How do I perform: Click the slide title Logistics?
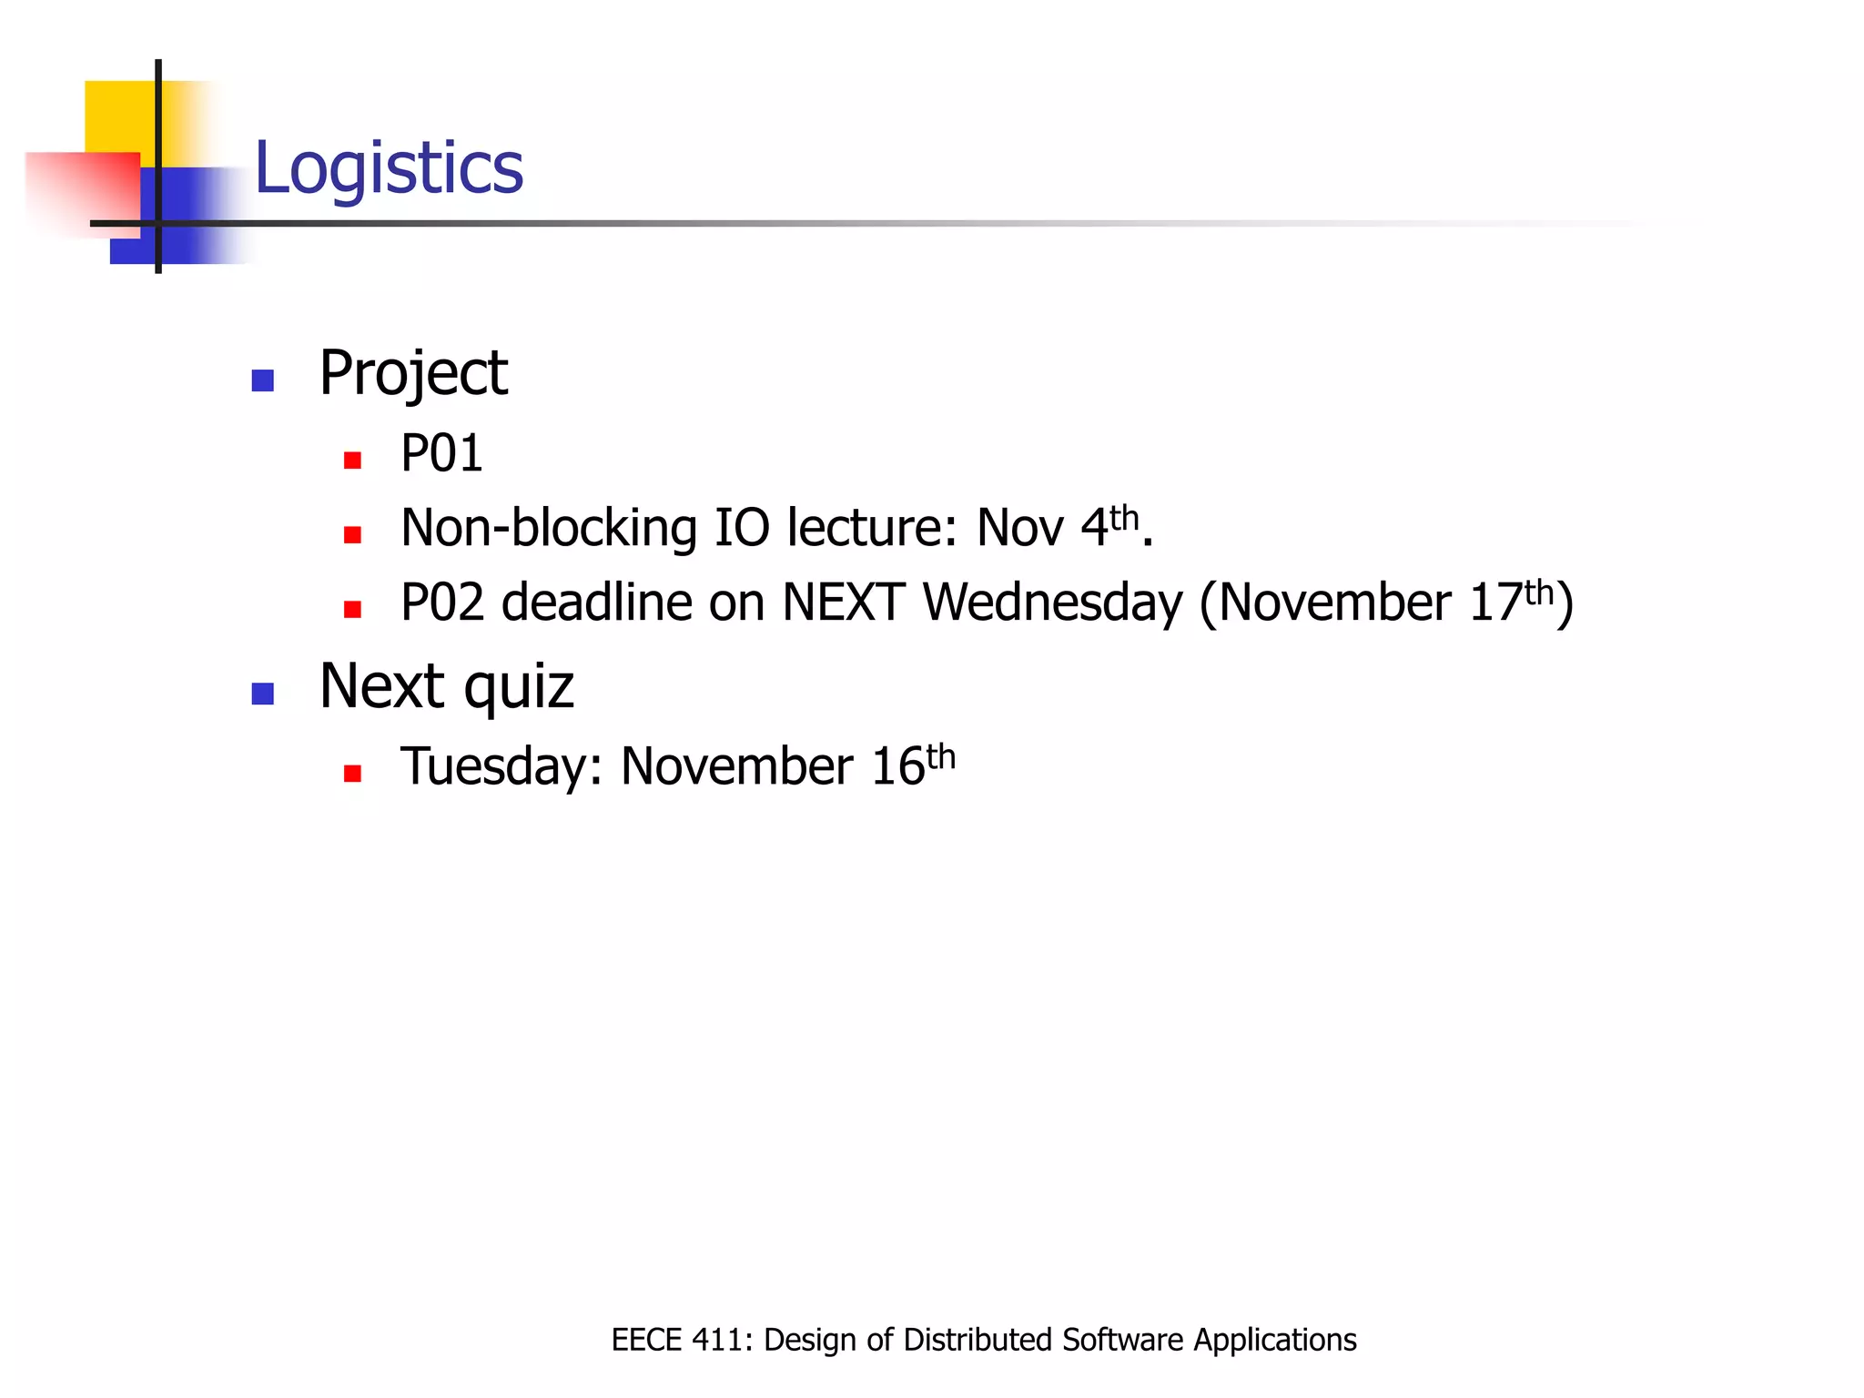(x=389, y=168)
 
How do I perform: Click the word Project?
(x=413, y=373)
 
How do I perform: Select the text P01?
(x=441, y=453)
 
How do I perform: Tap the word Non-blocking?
(x=549, y=528)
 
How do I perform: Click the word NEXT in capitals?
(x=843, y=603)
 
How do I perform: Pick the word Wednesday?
(x=1052, y=603)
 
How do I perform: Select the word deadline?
(x=597, y=603)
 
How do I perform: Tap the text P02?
(x=442, y=603)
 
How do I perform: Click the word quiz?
(x=519, y=688)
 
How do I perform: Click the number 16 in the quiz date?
(x=897, y=766)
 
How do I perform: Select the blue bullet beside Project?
(x=263, y=380)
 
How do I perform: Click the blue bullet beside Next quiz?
(x=263, y=694)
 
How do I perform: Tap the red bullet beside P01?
(x=353, y=461)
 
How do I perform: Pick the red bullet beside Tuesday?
(x=353, y=774)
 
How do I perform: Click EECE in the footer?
(x=646, y=1340)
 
